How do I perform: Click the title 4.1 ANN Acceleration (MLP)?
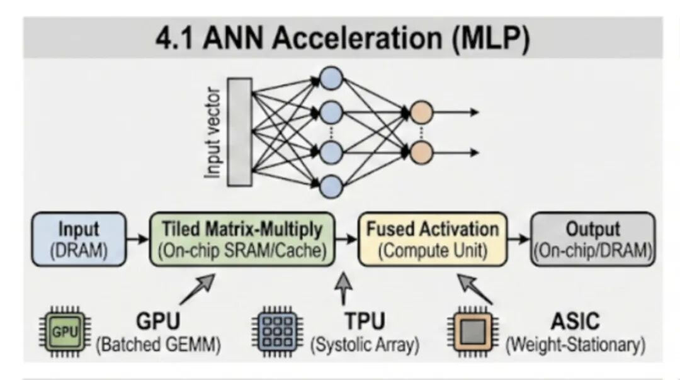[343, 38]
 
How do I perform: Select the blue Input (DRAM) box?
[79, 239]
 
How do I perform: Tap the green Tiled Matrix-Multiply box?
[242, 239]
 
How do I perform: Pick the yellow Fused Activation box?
[432, 239]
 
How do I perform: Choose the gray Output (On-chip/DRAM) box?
[592, 239]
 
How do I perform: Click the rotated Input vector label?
[215, 133]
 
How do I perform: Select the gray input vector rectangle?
[239, 132]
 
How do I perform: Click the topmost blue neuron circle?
[331, 80]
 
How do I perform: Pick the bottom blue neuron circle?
[331, 186]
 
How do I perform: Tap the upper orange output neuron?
[421, 112]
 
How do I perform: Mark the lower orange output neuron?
[421, 152]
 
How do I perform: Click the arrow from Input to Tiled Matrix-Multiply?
[137, 240]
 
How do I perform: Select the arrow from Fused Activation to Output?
[518, 240]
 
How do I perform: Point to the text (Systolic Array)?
[365, 345]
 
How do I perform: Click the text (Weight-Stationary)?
[576, 345]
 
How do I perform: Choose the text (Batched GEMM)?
[158, 345]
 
